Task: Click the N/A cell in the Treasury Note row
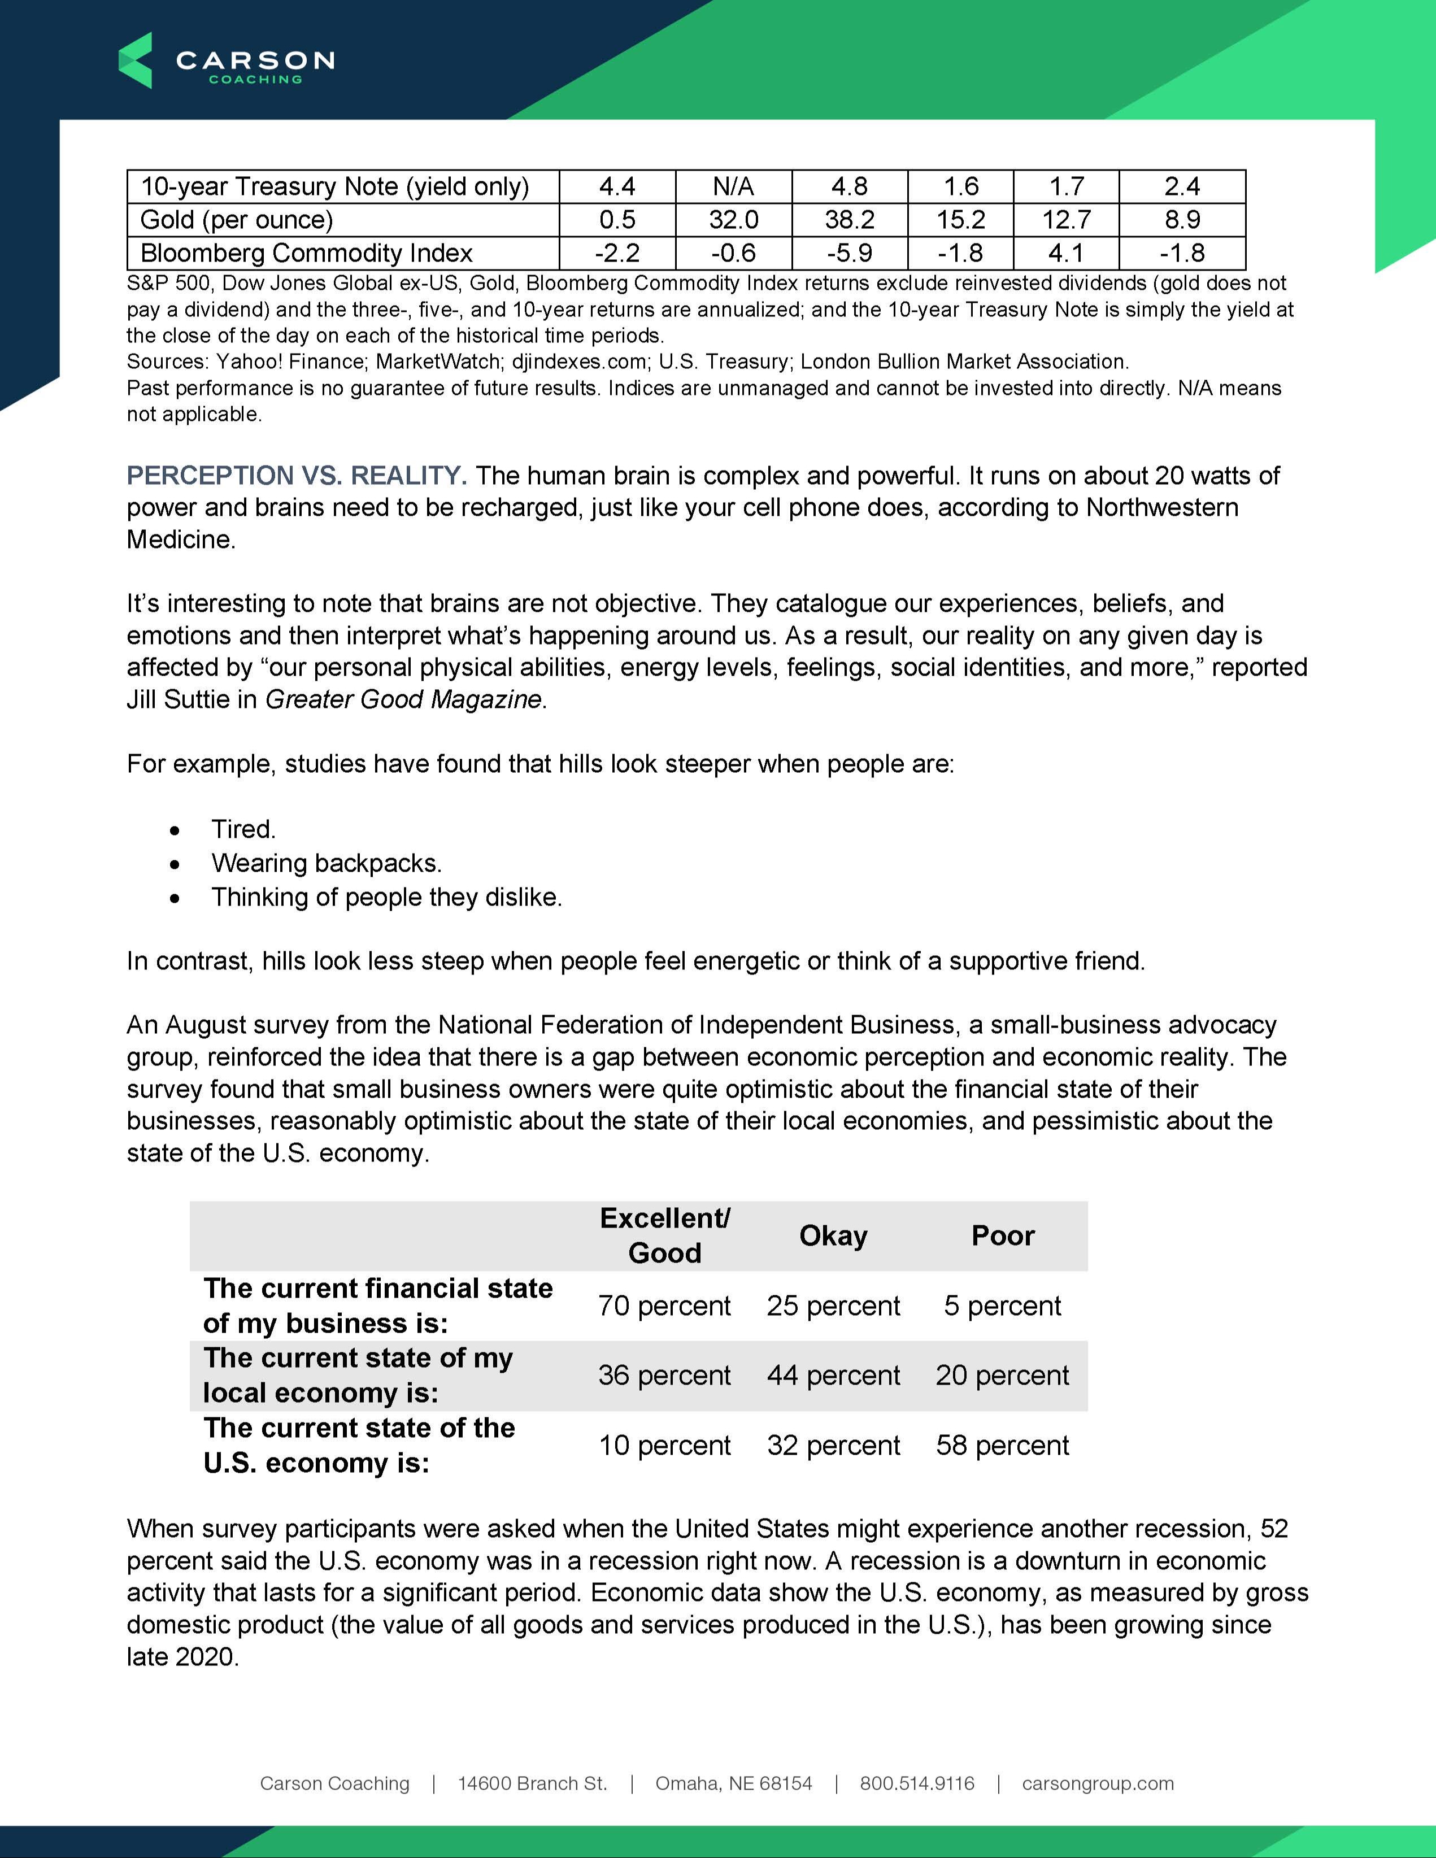click(x=733, y=186)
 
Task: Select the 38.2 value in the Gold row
click(x=849, y=220)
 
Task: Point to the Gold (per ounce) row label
click(x=237, y=220)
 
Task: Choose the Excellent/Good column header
click(x=664, y=1235)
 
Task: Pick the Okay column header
click(x=833, y=1235)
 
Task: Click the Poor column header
click(x=1002, y=1235)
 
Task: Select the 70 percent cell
click(x=664, y=1305)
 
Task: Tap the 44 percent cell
click(x=833, y=1375)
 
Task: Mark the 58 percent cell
click(x=1002, y=1444)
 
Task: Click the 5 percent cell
click(x=1002, y=1305)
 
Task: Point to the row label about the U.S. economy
click(x=359, y=1444)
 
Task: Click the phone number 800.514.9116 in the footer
click(x=917, y=1783)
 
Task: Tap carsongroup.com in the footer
click(x=1098, y=1783)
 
